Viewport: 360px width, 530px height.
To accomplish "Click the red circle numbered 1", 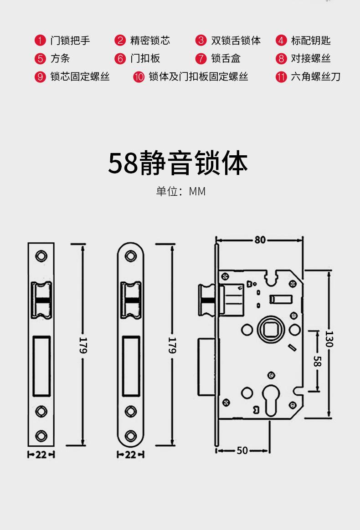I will [40, 41].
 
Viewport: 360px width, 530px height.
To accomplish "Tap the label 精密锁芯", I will [150, 41].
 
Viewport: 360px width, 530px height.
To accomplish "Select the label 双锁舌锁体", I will [236, 41].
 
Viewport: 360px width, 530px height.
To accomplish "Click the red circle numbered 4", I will [281, 41].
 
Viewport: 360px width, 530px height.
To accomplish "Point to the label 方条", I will [60, 58].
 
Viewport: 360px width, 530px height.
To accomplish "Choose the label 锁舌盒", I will [226, 58].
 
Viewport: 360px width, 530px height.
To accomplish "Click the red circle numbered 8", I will [281, 58].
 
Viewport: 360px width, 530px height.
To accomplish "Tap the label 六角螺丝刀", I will [315, 76].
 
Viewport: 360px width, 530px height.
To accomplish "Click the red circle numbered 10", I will [139, 76].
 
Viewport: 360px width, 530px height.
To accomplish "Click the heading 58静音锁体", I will [178, 163].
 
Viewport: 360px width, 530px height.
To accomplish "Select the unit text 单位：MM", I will [181, 191].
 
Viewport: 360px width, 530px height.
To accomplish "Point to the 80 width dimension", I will [260, 240].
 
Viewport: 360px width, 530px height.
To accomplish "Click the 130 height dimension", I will [329, 338].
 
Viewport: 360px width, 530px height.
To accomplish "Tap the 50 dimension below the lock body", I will [242, 450].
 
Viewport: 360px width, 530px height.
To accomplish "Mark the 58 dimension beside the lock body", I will [317, 361].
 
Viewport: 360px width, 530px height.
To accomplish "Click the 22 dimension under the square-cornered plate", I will [41, 454].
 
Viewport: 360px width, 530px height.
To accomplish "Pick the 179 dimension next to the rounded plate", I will [172, 345].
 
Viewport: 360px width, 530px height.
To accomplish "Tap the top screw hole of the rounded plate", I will [131, 255].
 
